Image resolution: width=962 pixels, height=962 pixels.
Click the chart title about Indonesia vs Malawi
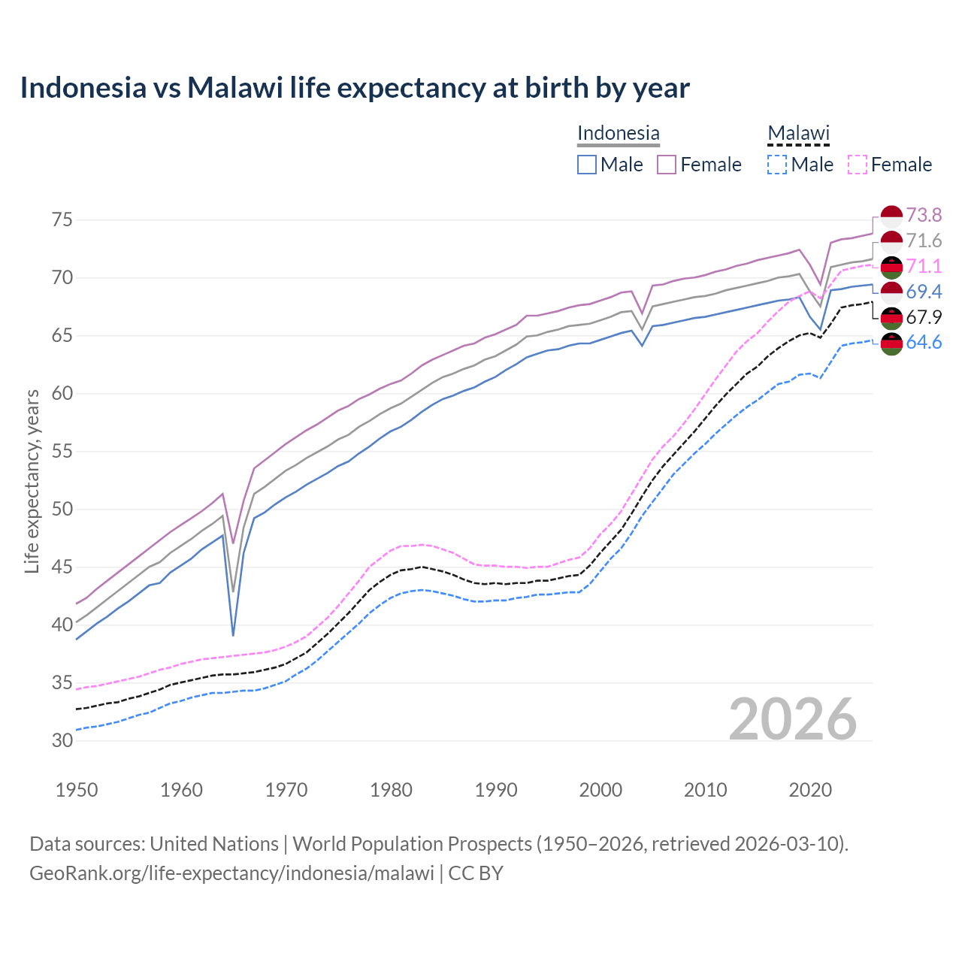tap(354, 88)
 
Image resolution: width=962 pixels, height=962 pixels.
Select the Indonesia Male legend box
tap(587, 165)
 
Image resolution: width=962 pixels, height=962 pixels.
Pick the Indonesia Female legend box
tap(667, 165)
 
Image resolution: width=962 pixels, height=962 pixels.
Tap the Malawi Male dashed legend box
tap(777, 165)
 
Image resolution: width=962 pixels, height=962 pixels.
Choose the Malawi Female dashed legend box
tap(858, 165)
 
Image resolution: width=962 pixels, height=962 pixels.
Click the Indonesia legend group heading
tap(618, 133)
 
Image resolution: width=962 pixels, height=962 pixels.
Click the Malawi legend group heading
tap(798, 133)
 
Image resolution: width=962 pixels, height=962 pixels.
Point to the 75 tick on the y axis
tap(62, 220)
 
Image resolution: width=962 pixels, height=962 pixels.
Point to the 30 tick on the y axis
tap(62, 740)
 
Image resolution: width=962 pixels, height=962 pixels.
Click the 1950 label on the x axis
tap(77, 790)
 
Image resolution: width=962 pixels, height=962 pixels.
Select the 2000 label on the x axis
tap(600, 790)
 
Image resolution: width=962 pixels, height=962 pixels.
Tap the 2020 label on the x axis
tap(810, 790)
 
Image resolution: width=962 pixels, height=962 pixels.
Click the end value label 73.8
tap(924, 216)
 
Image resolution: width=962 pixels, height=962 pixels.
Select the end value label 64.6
tap(924, 343)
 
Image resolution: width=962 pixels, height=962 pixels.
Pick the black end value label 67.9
tap(924, 317)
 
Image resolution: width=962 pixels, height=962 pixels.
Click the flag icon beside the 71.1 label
tap(891, 267)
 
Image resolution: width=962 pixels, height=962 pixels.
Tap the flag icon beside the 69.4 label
tap(891, 292)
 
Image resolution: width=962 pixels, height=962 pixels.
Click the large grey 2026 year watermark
tap(793, 719)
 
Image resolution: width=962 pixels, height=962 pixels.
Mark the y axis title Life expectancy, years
tap(32, 481)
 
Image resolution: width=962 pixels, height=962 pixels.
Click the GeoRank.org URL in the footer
tap(231, 873)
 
